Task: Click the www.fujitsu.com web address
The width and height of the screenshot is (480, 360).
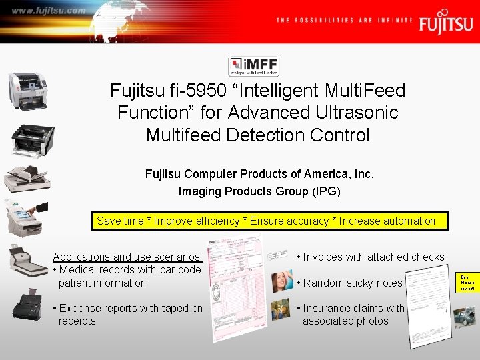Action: point(49,11)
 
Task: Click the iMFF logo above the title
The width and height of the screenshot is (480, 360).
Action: point(253,66)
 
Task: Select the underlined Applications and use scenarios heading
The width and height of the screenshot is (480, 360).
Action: point(127,257)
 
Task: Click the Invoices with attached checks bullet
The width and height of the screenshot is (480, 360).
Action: point(371,257)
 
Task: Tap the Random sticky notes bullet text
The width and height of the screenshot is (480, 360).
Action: point(350,283)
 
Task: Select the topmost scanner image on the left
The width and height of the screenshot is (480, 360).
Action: point(27,89)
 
